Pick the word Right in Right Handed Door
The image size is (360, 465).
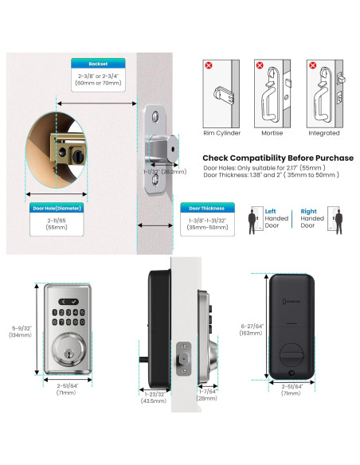(307, 212)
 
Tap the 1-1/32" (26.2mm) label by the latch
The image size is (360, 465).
(169, 170)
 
